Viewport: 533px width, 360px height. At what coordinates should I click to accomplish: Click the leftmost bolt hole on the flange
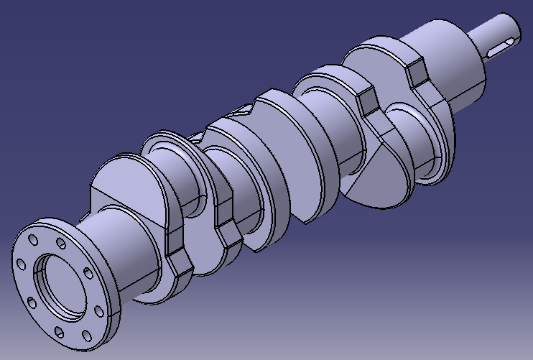[22, 264]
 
